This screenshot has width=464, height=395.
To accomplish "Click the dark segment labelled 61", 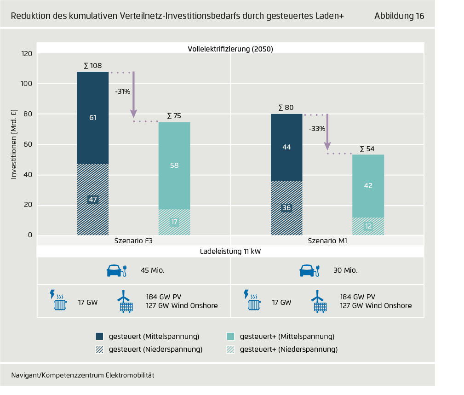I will (x=93, y=118).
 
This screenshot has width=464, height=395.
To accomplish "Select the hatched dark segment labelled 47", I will (x=93, y=200).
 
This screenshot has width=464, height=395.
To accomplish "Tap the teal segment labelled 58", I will (x=174, y=166).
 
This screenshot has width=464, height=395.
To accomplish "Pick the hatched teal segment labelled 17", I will (x=174, y=222).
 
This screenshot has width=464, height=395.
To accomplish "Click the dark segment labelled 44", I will (x=286, y=147).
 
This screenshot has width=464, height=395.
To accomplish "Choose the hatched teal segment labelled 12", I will (x=368, y=226).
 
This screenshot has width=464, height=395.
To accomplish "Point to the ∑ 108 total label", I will (x=93, y=66).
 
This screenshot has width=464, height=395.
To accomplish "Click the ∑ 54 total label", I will (x=367, y=149).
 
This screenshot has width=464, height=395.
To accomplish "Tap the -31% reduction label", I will (x=122, y=92).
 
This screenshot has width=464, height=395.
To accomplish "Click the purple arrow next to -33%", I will (x=327, y=133).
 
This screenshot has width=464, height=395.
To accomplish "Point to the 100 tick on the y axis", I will (x=26, y=84).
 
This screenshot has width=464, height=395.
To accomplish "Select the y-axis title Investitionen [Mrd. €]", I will (x=14, y=144).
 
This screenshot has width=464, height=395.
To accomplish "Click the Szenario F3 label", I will (x=134, y=240).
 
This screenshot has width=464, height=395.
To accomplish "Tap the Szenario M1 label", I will (x=327, y=240).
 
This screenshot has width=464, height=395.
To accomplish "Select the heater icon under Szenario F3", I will (x=58, y=301).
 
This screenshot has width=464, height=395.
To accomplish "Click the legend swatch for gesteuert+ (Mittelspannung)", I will (x=231, y=337).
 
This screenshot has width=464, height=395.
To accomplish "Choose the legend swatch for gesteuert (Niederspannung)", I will (x=100, y=349).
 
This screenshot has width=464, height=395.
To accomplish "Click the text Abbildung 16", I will (x=399, y=16).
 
